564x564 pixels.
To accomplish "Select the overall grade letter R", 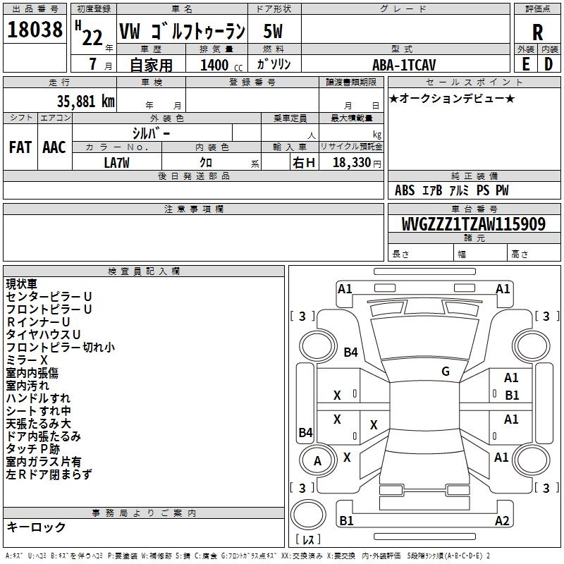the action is coord(537,32).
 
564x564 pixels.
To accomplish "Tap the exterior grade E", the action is coord(525,64).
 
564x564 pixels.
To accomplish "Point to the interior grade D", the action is coord(548,64).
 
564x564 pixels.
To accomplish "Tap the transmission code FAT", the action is coord(20,147).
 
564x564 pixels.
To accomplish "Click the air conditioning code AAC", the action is coord(54,147).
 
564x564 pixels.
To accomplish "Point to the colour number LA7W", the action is coord(116,162).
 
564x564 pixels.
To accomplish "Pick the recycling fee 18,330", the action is coord(350,163).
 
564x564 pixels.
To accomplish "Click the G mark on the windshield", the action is coord(446,372).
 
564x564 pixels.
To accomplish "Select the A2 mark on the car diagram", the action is coord(502,521).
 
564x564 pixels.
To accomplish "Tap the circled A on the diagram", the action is coord(317,461).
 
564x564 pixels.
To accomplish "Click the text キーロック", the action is coord(36,527).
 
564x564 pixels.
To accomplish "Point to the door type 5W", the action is coord(272,32).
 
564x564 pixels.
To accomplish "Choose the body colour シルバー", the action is coord(151,133).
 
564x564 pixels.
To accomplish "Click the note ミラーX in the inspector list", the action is coord(27,360).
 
